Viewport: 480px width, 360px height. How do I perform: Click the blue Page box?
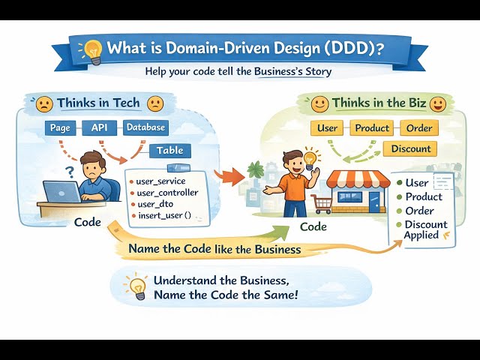click(x=59, y=128)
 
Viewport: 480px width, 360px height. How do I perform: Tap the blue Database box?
click(x=145, y=128)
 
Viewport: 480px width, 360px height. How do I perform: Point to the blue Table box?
click(x=169, y=151)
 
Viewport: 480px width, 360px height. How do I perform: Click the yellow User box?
click(x=327, y=128)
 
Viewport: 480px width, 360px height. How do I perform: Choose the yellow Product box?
click(x=372, y=128)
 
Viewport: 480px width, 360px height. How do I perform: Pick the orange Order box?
click(x=418, y=128)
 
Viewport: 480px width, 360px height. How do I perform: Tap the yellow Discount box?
click(x=411, y=148)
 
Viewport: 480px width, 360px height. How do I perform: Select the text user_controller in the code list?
click(x=166, y=193)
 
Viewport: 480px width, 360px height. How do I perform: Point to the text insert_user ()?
click(x=165, y=216)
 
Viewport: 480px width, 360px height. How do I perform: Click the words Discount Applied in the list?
click(x=425, y=229)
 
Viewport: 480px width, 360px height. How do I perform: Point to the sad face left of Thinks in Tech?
click(x=44, y=103)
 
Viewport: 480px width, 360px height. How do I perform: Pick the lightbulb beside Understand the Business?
click(x=136, y=286)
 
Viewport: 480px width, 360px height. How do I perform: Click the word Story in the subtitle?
click(x=316, y=73)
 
